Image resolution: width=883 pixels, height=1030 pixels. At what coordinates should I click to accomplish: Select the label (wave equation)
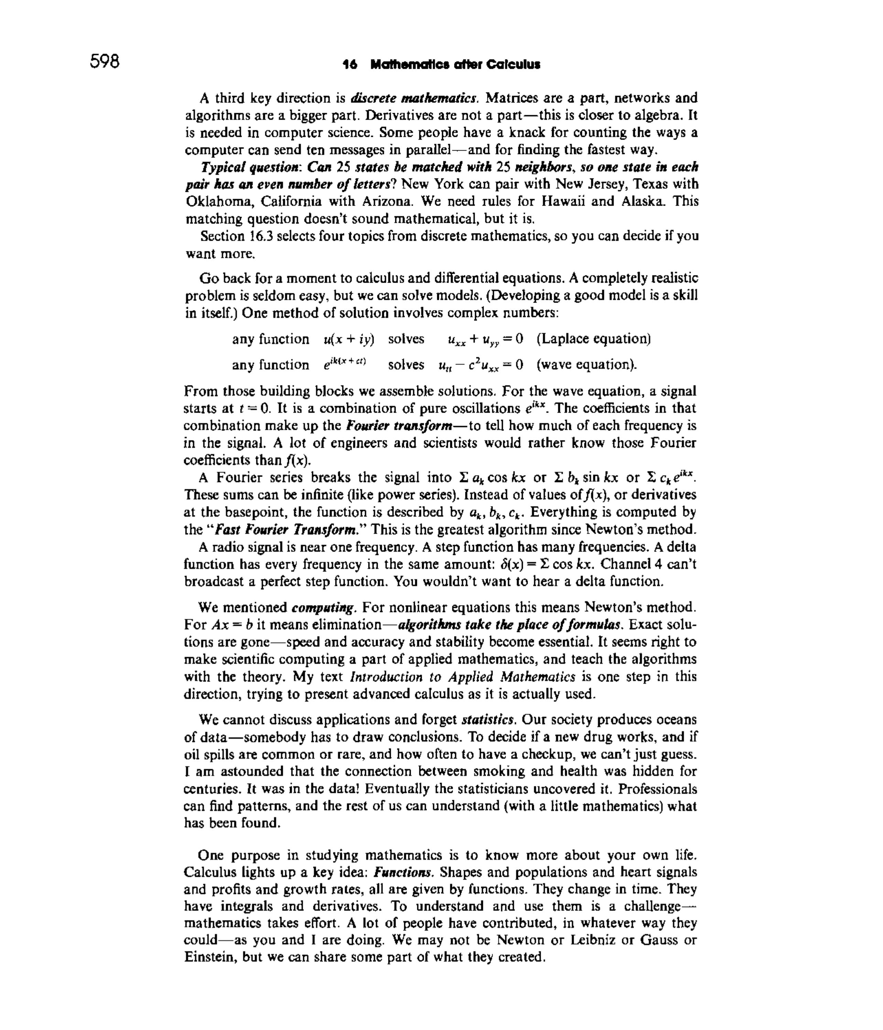click(587, 365)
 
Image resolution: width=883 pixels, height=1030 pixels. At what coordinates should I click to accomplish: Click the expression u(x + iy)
click(348, 339)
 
